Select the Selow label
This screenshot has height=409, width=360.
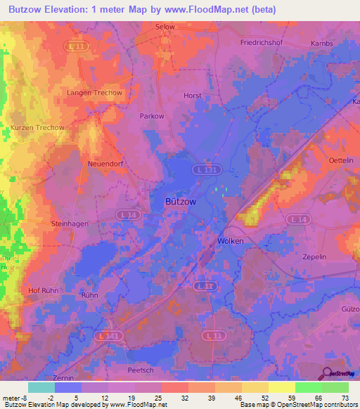click(x=164, y=27)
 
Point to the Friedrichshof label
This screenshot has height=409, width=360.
click(x=262, y=43)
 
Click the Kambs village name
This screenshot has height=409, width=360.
click(x=322, y=43)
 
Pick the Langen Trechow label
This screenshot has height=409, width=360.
click(x=94, y=93)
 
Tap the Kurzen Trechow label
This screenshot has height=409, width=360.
click(x=37, y=127)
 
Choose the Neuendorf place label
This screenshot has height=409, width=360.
click(x=105, y=163)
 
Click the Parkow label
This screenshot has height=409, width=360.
click(x=152, y=116)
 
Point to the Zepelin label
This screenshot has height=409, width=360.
click(x=315, y=258)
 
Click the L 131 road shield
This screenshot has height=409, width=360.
click(x=205, y=169)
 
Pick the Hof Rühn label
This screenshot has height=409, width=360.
click(x=42, y=290)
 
